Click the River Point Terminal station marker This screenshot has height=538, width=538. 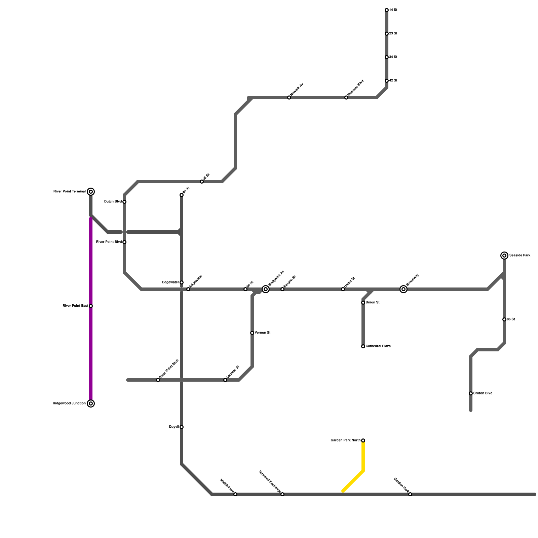coord(91,192)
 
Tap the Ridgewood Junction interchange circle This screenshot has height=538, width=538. coord(91,403)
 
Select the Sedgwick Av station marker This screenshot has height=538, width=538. coord(266,289)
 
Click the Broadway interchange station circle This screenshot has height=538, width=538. coord(403,289)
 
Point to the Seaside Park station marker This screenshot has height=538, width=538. coord(504,256)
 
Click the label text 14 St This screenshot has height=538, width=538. coord(393,10)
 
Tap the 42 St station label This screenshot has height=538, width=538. coord(393,81)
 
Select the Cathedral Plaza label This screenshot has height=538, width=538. coord(378,346)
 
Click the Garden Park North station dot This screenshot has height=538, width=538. coord(363,440)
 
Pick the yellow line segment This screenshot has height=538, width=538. coord(363,457)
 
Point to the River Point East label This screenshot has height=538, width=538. coord(75,306)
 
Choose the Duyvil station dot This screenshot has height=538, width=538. coord(182,427)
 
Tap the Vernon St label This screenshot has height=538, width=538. coord(263,333)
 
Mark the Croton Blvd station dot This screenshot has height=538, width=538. coord(471,393)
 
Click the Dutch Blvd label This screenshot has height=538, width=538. coord(113,202)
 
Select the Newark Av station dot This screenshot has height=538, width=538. coord(289,98)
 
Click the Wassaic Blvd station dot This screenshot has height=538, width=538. coord(346,98)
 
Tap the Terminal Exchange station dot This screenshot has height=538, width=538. coord(282,494)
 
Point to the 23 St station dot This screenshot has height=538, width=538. coord(387,34)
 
